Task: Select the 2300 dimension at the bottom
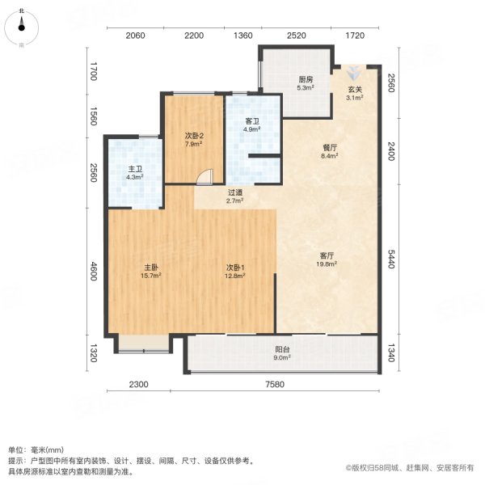[x=139, y=384]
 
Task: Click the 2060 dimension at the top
[x=135, y=36]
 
